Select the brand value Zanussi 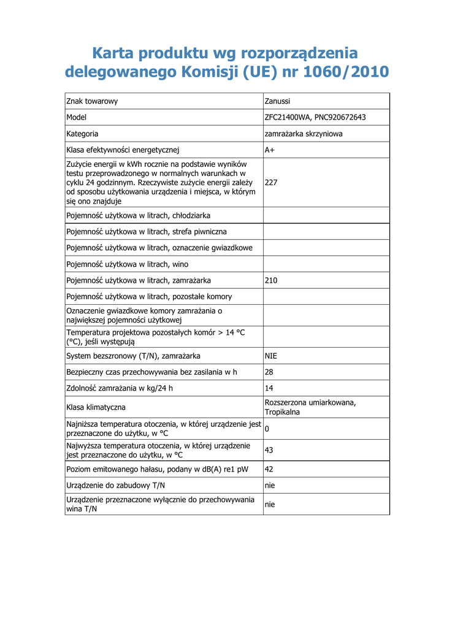point(278,101)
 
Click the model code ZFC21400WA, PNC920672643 point(315,117)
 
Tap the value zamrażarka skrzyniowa point(304,134)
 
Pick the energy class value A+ point(269,150)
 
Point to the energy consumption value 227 point(271,182)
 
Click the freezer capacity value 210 point(271,280)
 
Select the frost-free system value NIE point(271,356)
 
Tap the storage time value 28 point(269,372)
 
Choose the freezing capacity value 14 point(269,388)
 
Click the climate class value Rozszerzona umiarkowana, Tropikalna point(310,407)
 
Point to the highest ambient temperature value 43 point(269,450)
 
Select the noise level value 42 point(269,469)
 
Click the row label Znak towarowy point(92,101)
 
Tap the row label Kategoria point(82,134)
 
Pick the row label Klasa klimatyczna point(96,407)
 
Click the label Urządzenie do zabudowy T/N point(115,486)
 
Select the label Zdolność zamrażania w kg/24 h point(120,388)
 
